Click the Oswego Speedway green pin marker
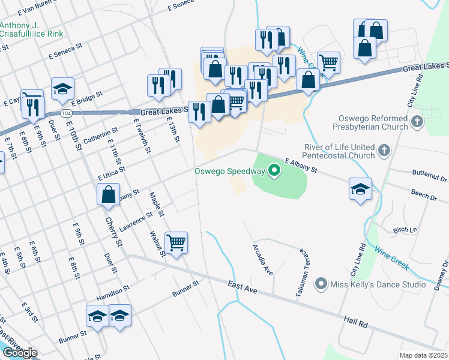point(275,171)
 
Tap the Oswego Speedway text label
point(229,171)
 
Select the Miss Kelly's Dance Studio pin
point(321,283)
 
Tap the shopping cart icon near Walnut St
point(176,242)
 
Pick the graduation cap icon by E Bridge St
point(62,89)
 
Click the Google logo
point(19,352)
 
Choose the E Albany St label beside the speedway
point(301,166)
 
